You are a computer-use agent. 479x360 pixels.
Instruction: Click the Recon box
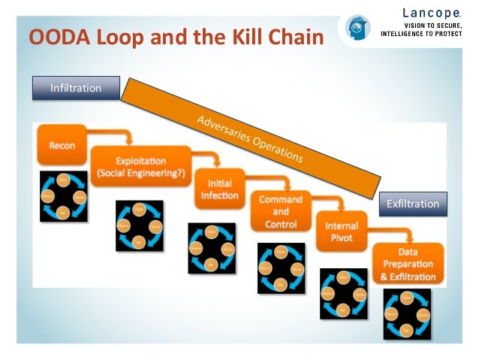coord(62,145)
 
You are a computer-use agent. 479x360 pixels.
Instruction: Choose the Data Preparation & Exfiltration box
coord(409,264)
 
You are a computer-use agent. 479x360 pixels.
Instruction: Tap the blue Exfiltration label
coord(412,204)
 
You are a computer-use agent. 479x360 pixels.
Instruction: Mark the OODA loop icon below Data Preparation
coord(408,315)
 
